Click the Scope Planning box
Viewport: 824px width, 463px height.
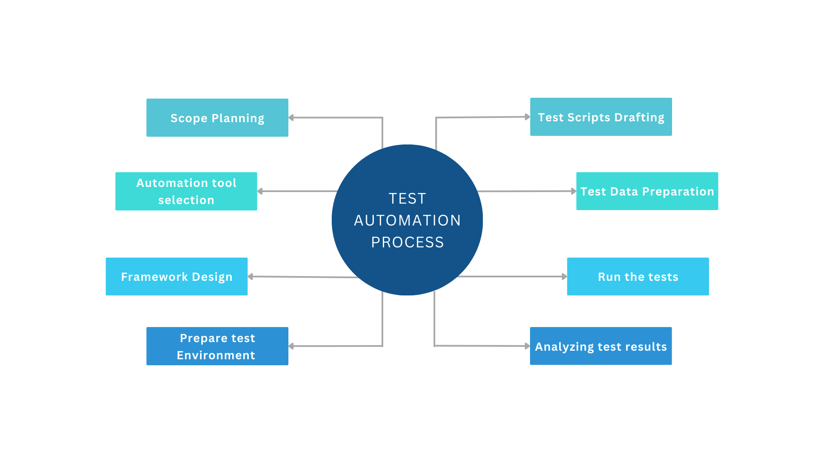(217, 118)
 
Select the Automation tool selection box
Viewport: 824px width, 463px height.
(186, 191)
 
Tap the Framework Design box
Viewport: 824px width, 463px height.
(176, 277)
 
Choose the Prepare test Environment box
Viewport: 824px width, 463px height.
(217, 346)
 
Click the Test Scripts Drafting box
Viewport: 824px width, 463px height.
(601, 117)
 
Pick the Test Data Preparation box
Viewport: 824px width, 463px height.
(647, 191)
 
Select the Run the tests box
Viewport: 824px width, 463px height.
(638, 277)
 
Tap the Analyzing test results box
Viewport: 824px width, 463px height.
(600, 346)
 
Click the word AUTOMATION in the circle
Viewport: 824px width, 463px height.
(407, 220)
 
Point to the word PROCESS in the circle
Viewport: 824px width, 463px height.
(407, 242)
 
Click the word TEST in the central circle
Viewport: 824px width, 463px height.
(407, 198)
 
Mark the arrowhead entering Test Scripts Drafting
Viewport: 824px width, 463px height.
(527, 117)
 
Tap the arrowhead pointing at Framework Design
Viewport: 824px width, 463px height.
(251, 277)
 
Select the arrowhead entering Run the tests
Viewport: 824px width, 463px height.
(564, 277)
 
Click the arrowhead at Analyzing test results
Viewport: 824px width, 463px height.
(527, 346)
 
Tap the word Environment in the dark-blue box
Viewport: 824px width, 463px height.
(216, 355)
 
